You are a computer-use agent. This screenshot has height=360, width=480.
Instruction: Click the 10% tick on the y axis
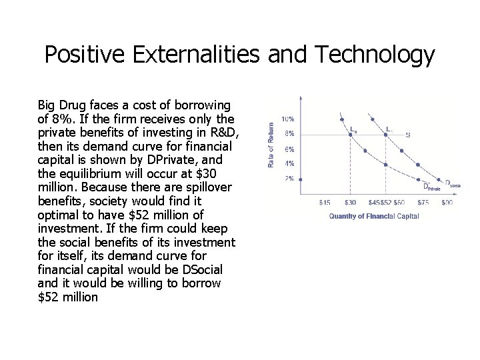(x=289, y=119)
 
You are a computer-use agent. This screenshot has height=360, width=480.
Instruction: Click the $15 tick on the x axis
(x=325, y=201)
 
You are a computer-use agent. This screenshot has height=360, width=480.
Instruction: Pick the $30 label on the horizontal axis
(x=349, y=201)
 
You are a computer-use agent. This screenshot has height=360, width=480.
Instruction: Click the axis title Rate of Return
(x=271, y=144)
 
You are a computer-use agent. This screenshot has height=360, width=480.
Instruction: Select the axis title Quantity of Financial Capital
(x=373, y=215)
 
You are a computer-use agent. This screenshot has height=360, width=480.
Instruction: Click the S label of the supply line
(x=408, y=135)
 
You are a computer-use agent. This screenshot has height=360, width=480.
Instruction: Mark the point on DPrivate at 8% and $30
(x=349, y=134)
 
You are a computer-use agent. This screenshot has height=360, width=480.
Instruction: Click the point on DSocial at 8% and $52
(x=385, y=134)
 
